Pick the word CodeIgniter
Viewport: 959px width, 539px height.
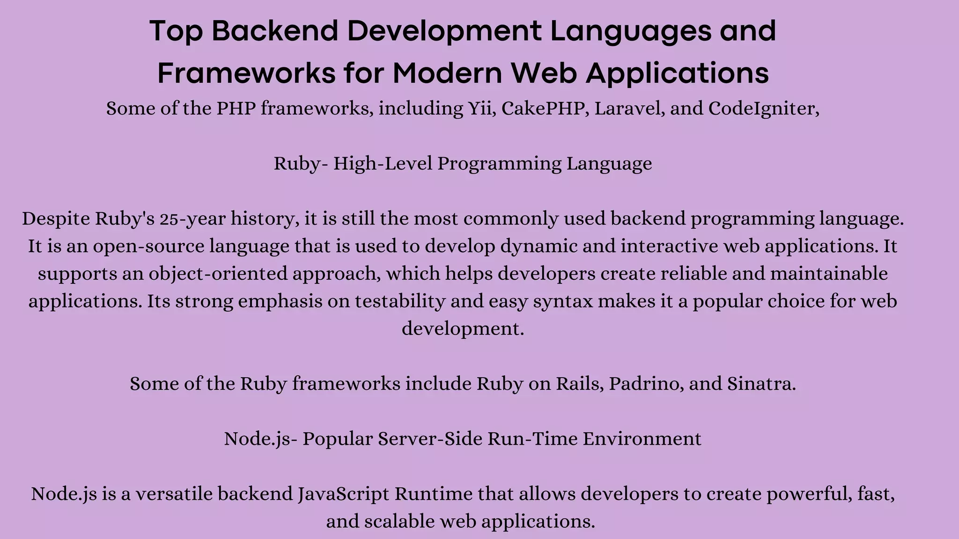point(763,109)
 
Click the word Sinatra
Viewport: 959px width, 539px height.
point(761,384)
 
